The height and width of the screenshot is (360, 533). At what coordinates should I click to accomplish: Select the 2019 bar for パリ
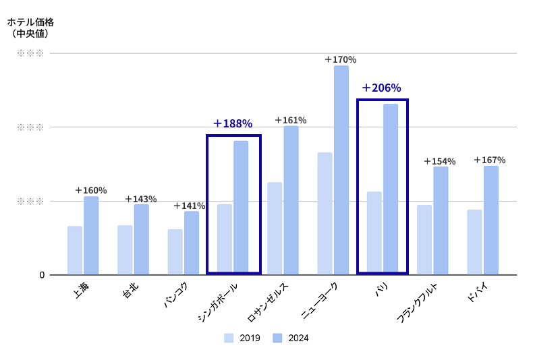(x=374, y=233)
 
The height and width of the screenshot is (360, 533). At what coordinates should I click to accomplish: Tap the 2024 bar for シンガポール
(x=241, y=206)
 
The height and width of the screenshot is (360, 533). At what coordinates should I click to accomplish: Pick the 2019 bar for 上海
(x=75, y=250)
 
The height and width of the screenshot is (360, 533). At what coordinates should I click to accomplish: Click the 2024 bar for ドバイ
(x=490, y=220)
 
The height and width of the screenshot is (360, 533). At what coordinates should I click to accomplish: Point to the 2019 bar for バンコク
(x=175, y=251)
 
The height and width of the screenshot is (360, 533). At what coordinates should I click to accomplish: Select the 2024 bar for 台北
(x=141, y=239)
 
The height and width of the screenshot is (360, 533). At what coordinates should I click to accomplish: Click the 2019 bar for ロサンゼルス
(x=275, y=228)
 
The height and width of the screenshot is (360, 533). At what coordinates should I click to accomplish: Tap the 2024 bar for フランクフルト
(x=441, y=220)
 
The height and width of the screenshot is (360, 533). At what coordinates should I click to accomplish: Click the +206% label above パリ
(x=381, y=88)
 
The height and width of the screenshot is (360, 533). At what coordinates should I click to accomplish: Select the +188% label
(x=232, y=123)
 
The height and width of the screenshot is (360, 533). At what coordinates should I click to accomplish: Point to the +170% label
(x=340, y=59)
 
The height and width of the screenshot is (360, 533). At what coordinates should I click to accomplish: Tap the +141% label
(x=189, y=206)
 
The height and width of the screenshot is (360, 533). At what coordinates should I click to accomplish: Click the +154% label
(x=439, y=161)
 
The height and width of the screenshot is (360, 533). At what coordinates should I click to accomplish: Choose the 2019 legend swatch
(x=229, y=338)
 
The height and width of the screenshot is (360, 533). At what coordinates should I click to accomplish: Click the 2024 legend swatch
(x=278, y=338)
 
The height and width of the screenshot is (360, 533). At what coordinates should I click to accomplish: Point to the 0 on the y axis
(x=42, y=275)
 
